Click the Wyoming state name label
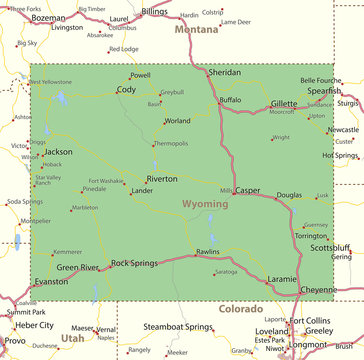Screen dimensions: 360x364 (x=204, y=204)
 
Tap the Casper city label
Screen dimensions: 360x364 (x=247, y=190)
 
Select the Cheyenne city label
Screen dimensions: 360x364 (x=319, y=290)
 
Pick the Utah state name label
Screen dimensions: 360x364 (x=73, y=338)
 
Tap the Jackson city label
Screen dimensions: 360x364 (x=58, y=152)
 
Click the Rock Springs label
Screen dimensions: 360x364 (x=134, y=263)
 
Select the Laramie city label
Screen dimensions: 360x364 (x=283, y=279)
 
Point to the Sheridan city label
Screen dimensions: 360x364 (x=224, y=73)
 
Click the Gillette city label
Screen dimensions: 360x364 (x=284, y=104)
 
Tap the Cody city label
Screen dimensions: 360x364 (x=126, y=90)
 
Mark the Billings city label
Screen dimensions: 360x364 (x=154, y=11)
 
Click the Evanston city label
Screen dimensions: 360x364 (x=51, y=282)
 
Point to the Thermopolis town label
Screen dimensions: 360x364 (x=170, y=144)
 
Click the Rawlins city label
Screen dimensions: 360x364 (x=207, y=251)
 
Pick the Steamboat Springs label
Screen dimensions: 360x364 (x=178, y=327)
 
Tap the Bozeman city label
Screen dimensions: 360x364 (x=48, y=18)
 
